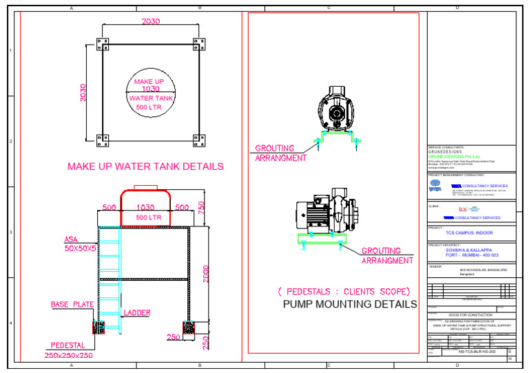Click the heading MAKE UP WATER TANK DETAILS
click(145, 167)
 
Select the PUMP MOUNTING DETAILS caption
click(350, 303)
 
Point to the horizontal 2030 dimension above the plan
click(150, 22)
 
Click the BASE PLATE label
click(72, 304)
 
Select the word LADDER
click(137, 313)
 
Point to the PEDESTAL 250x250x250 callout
click(72, 350)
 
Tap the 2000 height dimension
click(205, 274)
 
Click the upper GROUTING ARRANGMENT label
click(280, 153)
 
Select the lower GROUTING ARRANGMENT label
click(387, 256)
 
